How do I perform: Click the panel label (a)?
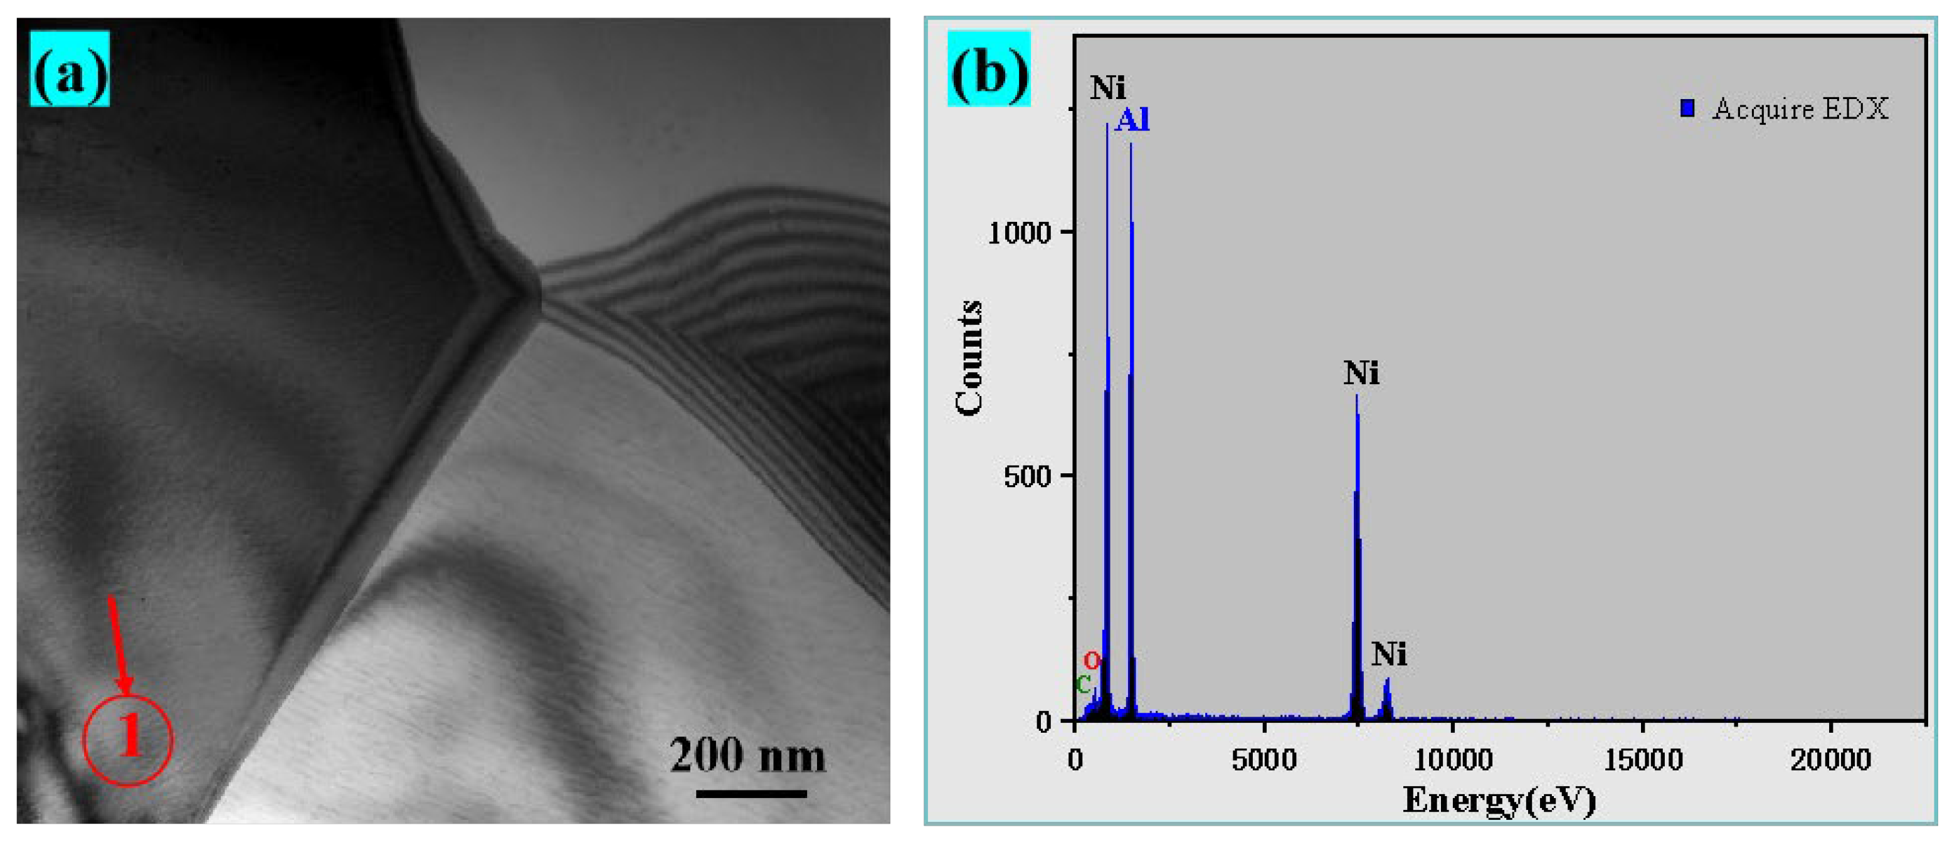[70, 69]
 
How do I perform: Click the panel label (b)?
[989, 69]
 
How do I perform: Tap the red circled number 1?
[128, 739]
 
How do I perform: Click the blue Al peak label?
[1132, 120]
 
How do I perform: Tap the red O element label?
[1091, 660]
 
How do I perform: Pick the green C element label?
[1084, 685]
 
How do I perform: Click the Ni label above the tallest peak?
[1108, 88]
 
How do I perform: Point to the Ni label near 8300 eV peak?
[1389, 654]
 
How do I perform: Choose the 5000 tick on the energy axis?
[1264, 759]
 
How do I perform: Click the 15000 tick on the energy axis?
[1642, 759]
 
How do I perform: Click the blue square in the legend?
[1687, 108]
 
